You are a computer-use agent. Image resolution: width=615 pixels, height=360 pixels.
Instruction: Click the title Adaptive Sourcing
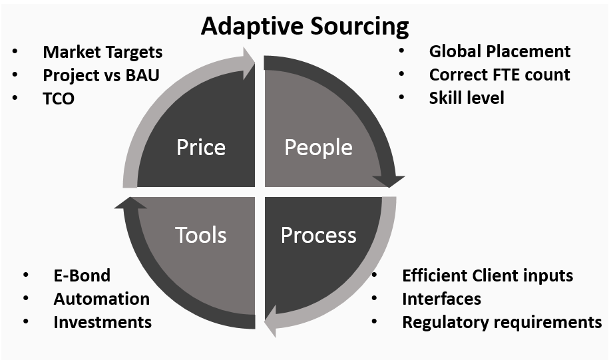click(x=305, y=27)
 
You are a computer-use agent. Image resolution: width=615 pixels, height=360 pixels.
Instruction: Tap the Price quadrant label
click(x=200, y=147)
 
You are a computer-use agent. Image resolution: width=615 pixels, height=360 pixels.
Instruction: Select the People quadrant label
click(x=318, y=147)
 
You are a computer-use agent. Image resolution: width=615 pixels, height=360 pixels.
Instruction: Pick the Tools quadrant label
click(x=200, y=234)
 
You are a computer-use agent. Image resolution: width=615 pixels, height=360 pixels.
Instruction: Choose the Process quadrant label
click(x=318, y=234)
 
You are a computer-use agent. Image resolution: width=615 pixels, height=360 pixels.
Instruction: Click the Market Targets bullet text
click(x=102, y=52)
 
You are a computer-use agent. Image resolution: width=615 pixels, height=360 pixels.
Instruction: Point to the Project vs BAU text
click(x=101, y=75)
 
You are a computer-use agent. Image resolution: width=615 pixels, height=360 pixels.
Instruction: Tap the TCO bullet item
click(x=59, y=98)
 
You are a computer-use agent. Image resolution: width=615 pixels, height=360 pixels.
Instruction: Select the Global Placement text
click(x=499, y=51)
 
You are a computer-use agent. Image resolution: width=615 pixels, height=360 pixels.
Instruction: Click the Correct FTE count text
click(x=499, y=75)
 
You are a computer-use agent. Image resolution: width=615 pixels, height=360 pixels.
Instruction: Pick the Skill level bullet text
click(x=467, y=98)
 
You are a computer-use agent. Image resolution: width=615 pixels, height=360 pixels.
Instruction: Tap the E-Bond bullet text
click(x=82, y=275)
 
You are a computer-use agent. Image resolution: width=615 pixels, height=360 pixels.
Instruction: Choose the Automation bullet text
click(x=101, y=299)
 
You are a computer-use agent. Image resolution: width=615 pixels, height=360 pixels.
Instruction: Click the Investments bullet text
click(x=102, y=322)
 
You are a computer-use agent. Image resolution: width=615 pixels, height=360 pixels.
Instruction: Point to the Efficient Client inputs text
click(x=487, y=275)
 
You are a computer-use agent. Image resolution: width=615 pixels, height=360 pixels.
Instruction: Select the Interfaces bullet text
click(x=441, y=299)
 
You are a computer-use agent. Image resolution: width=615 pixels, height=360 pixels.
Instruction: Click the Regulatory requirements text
click(x=502, y=322)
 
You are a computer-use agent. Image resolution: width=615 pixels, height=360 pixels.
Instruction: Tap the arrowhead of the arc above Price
click(x=248, y=63)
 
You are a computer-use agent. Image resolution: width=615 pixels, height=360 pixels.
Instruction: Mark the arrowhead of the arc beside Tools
click(x=130, y=203)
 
